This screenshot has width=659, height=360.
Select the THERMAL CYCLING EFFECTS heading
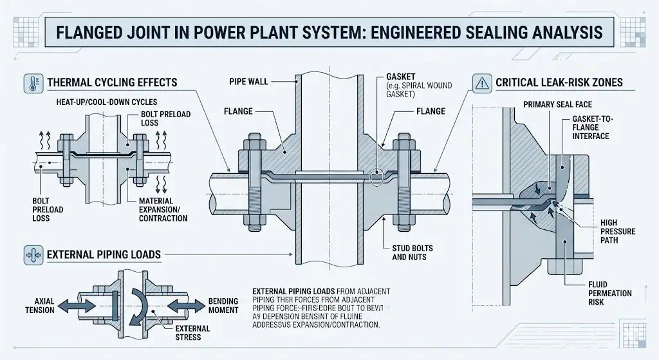pos(112,82)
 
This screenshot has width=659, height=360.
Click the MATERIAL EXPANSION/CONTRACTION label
pos(163,210)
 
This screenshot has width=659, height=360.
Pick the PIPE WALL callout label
pos(248,82)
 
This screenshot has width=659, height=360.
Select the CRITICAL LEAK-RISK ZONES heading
pos(559,83)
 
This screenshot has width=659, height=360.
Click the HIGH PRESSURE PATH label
pos(609,231)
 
